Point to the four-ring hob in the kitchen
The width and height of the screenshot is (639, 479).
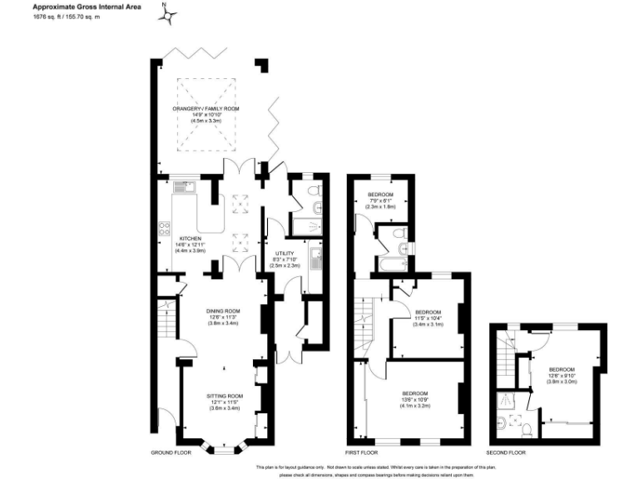(164, 227)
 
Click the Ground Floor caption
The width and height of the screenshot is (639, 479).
(171, 453)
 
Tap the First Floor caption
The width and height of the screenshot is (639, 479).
(363, 453)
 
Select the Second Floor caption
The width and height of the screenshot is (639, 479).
(506, 453)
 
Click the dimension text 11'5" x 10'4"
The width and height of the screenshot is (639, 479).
(428, 318)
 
